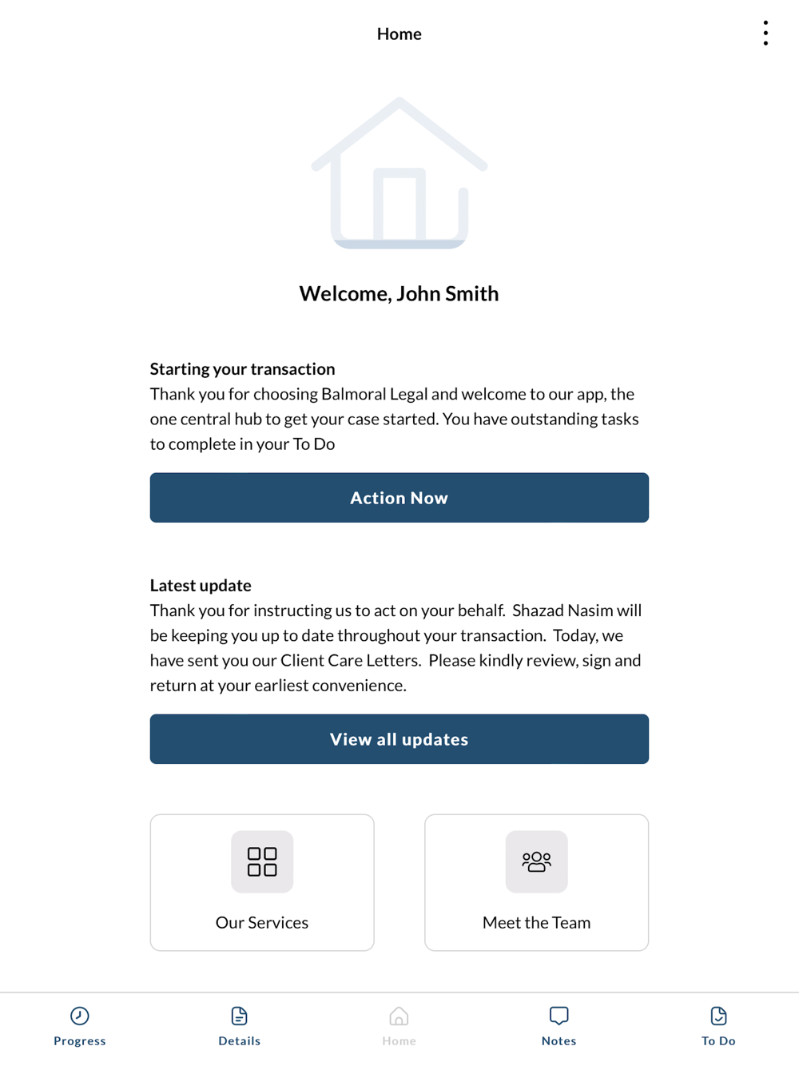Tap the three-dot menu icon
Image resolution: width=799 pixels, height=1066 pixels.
765,34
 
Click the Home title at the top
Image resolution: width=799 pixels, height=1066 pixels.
399,34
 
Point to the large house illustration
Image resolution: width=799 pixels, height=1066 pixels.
399,173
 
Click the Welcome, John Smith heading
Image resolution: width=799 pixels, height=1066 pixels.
399,293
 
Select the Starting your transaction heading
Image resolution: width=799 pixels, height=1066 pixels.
242,368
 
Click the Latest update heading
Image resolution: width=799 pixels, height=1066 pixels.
201,585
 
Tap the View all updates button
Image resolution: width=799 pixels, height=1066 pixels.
399,739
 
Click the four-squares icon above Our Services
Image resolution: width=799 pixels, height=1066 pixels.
262,861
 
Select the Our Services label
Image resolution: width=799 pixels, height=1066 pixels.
262,922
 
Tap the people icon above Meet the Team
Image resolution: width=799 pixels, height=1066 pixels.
536,861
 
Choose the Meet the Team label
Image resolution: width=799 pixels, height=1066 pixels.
536,922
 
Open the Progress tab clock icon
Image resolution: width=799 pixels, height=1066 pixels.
80,1016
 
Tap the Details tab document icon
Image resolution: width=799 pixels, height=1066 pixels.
239,1016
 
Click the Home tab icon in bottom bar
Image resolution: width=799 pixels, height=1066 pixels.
399,1016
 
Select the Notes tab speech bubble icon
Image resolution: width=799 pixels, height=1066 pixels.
559,1016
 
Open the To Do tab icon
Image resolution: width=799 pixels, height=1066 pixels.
718,1016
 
